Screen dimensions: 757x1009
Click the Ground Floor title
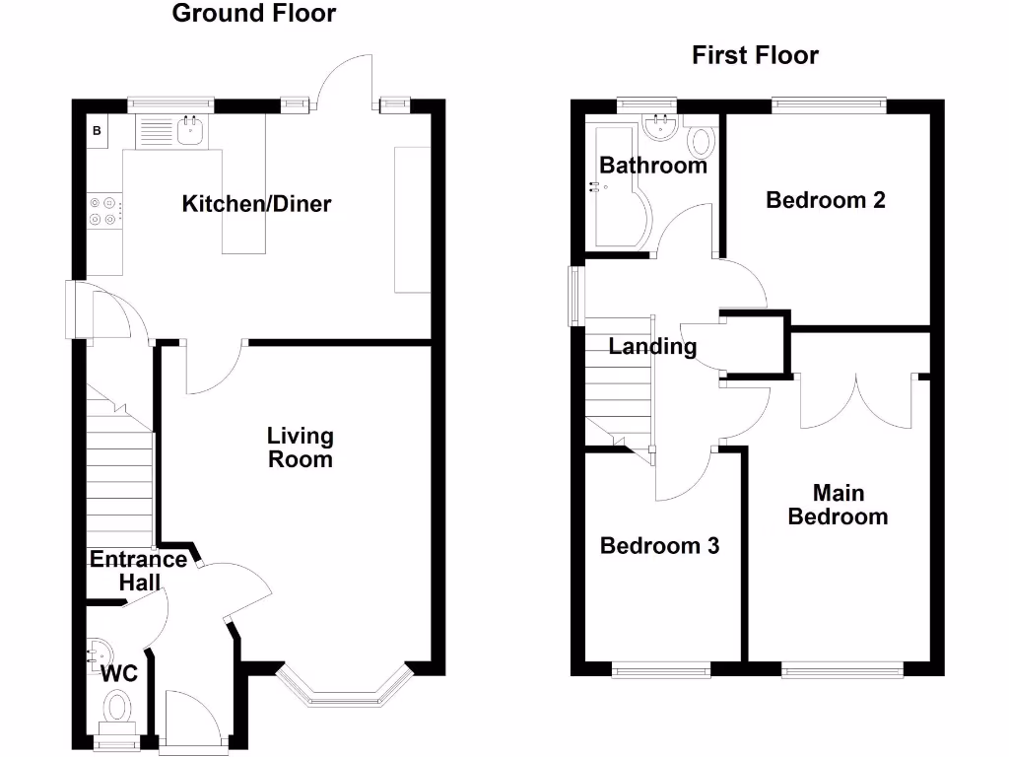(254, 14)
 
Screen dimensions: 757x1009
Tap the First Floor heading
(755, 55)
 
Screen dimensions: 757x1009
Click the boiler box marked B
(98, 131)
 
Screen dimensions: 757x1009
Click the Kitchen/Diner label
(257, 204)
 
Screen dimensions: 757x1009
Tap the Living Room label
(301, 447)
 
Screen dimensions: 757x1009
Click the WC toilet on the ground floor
(117, 707)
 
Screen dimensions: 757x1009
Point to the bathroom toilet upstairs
(702, 142)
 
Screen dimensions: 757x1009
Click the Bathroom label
(653, 166)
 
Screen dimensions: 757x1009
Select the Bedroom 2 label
(826, 200)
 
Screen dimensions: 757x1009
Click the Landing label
(652, 347)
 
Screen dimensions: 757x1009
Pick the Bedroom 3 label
(660, 545)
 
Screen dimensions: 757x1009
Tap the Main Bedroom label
(838, 504)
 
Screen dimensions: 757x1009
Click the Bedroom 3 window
(661, 671)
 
